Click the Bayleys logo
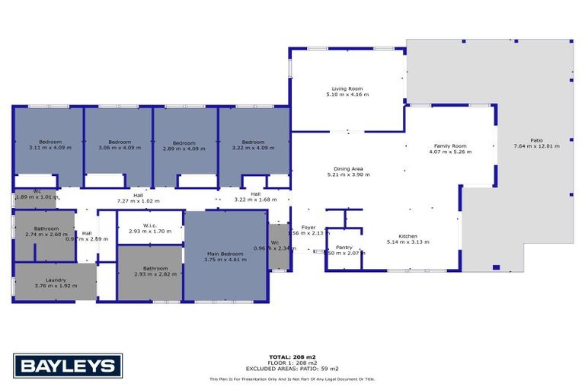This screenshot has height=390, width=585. click(x=68, y=365)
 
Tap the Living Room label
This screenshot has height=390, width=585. click(x=347, y=89)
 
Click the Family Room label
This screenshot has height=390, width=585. click(x=450, y=145)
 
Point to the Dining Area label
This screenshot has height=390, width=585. click(x=347, y=169)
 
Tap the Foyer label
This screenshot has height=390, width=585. click(x=308, y=227)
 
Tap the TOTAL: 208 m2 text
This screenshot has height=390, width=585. click(x=292, y=356)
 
